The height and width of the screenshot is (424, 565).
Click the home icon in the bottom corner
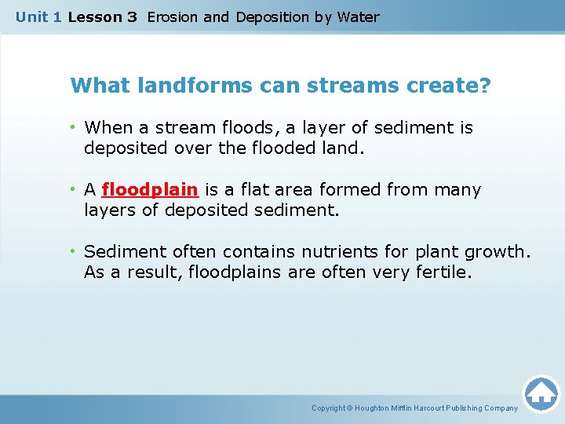[541, 393]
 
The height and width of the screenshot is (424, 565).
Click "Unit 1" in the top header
[38, 16]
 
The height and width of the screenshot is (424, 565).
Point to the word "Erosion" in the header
[173, 16]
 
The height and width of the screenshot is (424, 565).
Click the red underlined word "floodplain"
[150, 190]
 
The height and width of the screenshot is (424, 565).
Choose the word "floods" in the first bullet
[220, 127]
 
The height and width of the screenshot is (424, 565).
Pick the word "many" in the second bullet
[460, 190]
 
